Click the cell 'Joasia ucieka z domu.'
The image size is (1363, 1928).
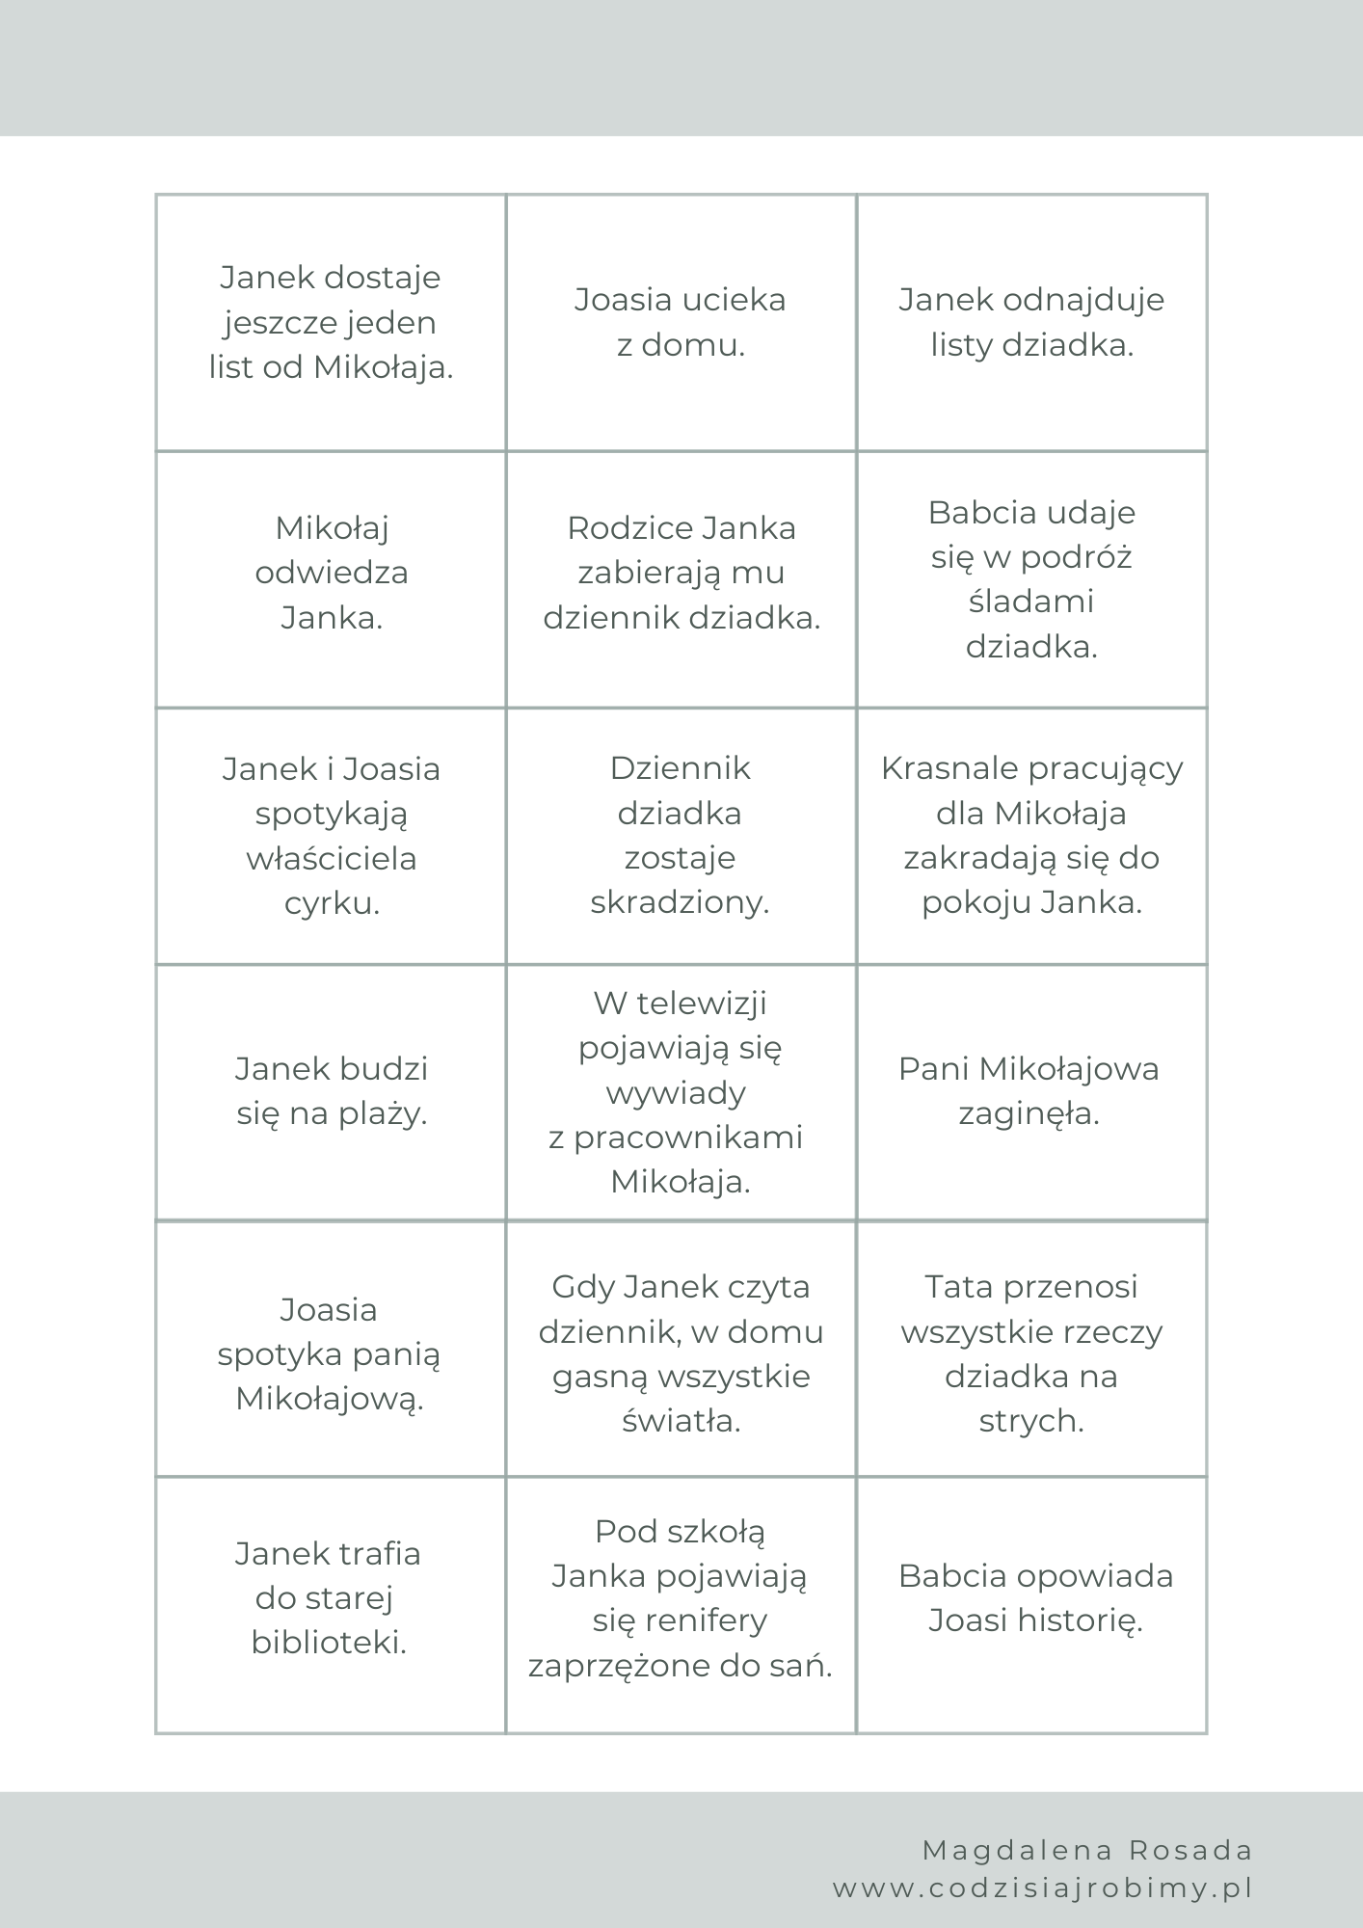coord(681,322)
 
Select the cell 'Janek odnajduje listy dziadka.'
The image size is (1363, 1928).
coord(1031,322)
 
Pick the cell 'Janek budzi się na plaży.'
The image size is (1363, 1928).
coord(332,1091)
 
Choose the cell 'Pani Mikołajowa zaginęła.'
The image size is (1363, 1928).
coord(1029,1091)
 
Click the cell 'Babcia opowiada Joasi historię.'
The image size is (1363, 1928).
coord(1035,1598)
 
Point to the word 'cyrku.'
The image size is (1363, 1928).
coord(332,903)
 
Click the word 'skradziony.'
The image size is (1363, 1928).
coord(680,902)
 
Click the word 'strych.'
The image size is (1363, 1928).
coord(1031,1421)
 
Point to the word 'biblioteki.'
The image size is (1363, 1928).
coord(329,1643)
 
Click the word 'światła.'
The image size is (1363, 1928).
coord(681,1421)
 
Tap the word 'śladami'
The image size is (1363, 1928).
coord(1031,602)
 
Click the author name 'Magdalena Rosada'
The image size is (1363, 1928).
coord(1088,1850)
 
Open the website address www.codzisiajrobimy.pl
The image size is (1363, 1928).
coord(1043,1888)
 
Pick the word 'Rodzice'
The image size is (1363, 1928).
coord(629,528)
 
